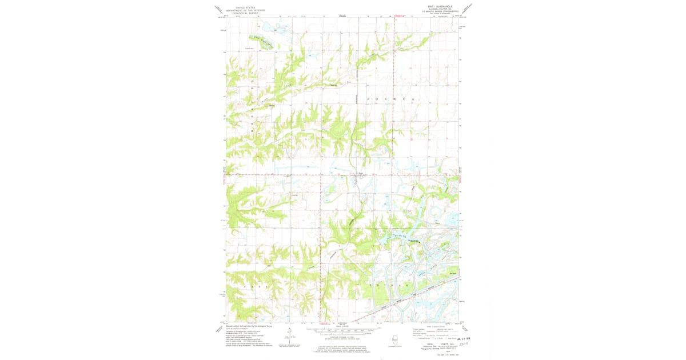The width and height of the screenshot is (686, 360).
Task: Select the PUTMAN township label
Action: [388, 285]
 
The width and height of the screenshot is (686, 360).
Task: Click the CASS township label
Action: [257, 285]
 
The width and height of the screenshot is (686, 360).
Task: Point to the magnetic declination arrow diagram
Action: [289, 336]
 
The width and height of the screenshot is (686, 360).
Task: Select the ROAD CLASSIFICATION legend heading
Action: [435, 327]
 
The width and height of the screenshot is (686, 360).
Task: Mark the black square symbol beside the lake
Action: [418, 242]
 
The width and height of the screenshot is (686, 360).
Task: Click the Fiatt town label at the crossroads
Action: [360, 173]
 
